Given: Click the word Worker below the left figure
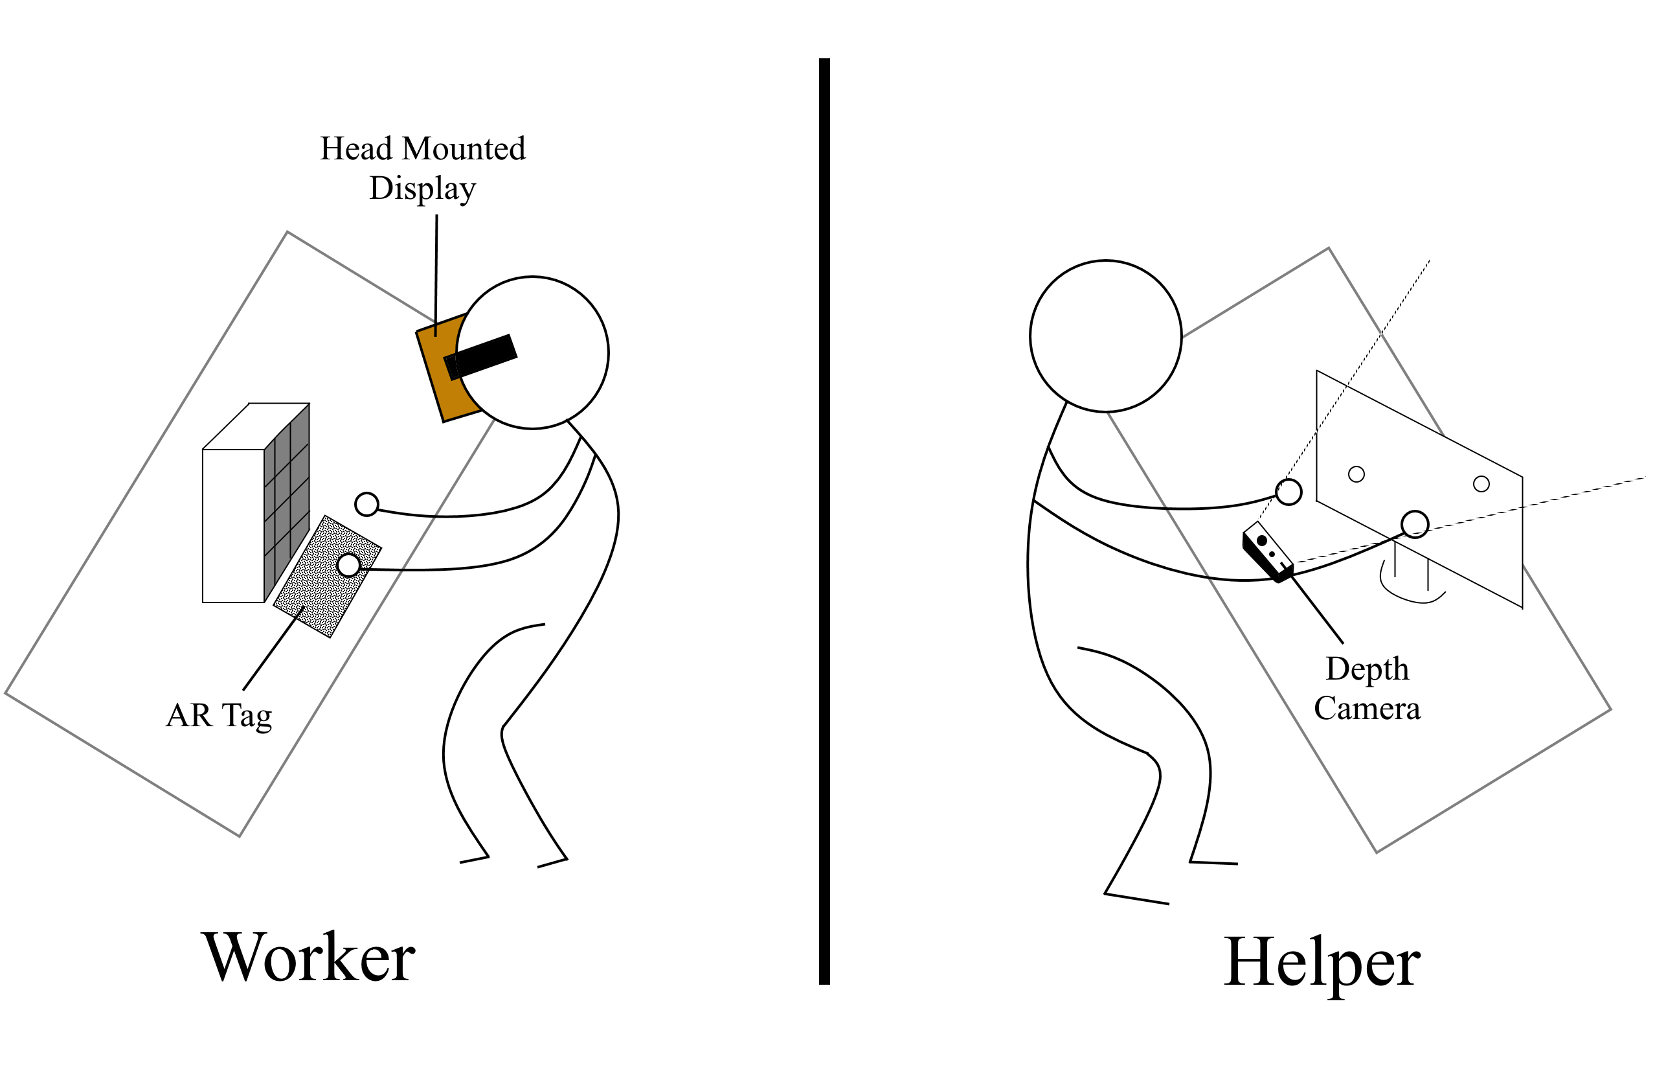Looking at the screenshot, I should pyautogui.click(x=308, y=958).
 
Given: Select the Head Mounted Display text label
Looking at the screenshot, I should pyautogui.click(x=422, y=168).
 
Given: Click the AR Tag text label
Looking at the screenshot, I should pyautogui.click(x=219, y=716).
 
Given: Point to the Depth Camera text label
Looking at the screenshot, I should pyautogui.click(x=1366, y=689).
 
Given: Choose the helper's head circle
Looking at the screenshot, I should pyautogui.click(x=1105, y=336).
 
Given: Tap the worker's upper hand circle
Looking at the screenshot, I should pyautogui.click(x=366, y=504).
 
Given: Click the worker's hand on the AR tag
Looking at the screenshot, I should pyautogui.click(x=348, y=564).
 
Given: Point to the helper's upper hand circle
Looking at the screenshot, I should pyautogui.click(x=1289, y=491).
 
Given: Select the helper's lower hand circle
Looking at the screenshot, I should pyautogui.click(x=1415, y=524).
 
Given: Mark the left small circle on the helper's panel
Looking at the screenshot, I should pyautogui.click(x=1356, y=474).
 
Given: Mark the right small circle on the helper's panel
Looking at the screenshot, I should pyautogui.click(x=1481, y=484).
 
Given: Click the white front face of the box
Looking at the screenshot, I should pyautogui.click(x=232, y=525).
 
